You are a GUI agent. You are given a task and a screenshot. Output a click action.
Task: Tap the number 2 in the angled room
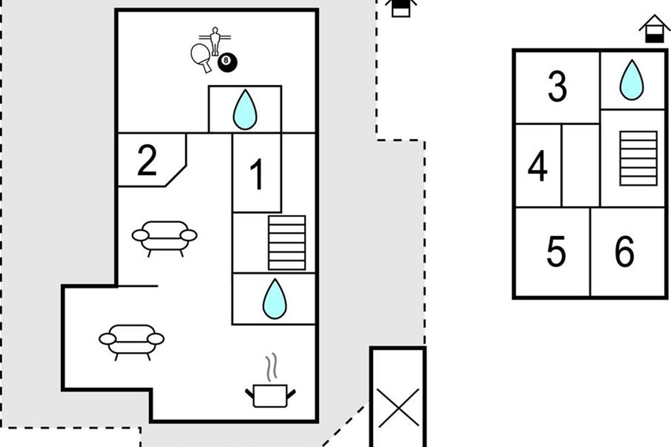tap(147, 161)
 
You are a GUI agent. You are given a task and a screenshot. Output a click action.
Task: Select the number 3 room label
tap(557, 87)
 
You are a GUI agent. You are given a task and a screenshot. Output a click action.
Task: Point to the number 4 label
tap(537, 166)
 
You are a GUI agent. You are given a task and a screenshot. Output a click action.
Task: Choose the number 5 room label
tap(556, 251)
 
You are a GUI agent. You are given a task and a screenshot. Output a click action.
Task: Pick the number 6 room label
tap(625, 251)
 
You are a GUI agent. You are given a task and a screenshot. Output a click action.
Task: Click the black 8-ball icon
tap(226, 63)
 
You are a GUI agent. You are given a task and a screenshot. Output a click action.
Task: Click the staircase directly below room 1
tap(287, 242)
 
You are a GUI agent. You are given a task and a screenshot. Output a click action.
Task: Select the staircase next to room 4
tap(638, 158)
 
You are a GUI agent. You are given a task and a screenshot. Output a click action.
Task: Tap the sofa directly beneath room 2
tap(164, 237)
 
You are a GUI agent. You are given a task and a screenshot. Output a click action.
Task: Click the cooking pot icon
tap(270, 394)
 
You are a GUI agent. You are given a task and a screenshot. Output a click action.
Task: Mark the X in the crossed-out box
tap(398, 407)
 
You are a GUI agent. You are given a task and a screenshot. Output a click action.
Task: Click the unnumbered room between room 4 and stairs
tap(580, 165)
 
